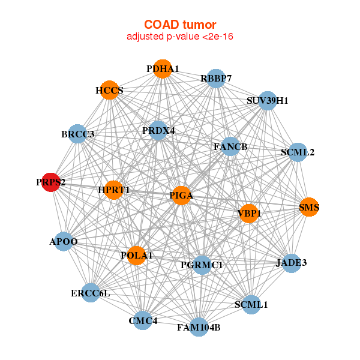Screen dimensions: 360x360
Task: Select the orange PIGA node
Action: (181, 196)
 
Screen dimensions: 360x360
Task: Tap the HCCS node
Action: (109, 91)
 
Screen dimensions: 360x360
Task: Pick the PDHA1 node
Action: (162, 69)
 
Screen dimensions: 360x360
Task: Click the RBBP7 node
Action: (216, 79)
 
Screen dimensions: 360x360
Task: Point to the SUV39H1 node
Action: (267, 101)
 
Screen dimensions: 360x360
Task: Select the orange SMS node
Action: (309, 208)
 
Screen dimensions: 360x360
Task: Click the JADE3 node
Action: (291, 263)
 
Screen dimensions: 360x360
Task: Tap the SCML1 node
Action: (251, 305)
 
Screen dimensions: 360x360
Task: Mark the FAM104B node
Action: (199, 328)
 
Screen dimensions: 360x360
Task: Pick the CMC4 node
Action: (143, 321)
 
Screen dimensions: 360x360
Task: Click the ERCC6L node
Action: (91, 293)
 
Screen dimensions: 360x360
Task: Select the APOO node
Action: (64, 242)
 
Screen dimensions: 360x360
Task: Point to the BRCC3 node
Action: (79, 134)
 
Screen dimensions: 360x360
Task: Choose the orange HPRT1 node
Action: (113, 190)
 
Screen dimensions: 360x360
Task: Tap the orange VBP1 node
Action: (249, 213)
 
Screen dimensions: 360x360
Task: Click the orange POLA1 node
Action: (136, 256)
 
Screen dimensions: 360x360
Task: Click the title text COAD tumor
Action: (179, 25)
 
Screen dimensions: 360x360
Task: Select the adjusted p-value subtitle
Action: (179, 37)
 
